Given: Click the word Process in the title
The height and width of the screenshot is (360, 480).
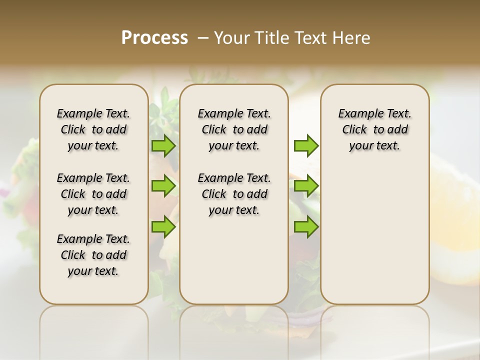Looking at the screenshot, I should tap(154, 38).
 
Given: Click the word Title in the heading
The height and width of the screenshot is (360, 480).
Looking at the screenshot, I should tap(271, 38).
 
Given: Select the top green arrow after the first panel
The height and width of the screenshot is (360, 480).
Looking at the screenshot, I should tap(163, 145).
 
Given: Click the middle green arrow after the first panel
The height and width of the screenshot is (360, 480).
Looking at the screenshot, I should tap(163, 186).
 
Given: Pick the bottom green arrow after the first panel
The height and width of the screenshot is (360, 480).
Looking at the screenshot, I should tap(163, 227).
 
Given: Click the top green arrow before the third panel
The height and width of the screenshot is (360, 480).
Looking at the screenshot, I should tap(306, 145).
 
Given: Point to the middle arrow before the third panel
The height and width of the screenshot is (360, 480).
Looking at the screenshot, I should tap(306, 186).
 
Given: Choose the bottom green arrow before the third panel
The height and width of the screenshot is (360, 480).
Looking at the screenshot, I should tap(306, 227).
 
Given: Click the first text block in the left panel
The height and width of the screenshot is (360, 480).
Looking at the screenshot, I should tap(93, 129).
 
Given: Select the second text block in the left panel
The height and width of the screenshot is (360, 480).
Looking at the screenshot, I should tap(93, 194).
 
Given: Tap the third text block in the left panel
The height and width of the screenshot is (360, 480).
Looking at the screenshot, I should tap(93, 255).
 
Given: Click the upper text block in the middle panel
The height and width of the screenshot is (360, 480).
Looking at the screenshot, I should tap(234, 129).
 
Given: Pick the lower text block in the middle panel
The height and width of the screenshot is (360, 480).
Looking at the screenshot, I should tap(234, 194).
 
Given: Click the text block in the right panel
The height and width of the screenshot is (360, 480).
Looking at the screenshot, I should tap(374, 129).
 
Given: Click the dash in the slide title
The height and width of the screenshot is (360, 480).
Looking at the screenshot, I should tap(203, 38).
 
